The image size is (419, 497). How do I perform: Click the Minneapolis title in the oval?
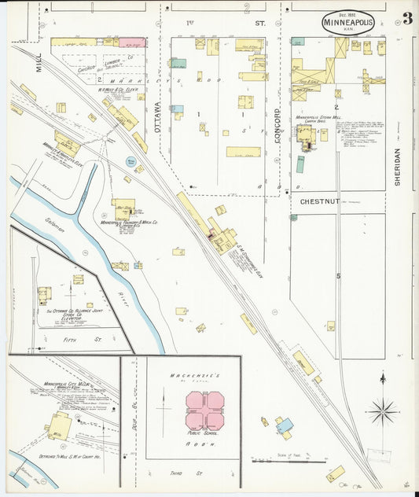coord(347,23)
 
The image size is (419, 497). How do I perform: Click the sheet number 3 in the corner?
coord(406,19)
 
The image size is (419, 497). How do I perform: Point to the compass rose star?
coord(383,410)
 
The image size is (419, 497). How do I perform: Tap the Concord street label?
coord(277,126)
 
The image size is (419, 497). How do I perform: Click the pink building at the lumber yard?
coord(132,42)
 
